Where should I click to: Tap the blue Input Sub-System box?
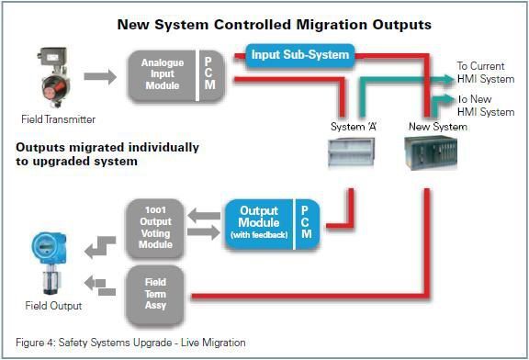pyautogui.click(x=300, y=55)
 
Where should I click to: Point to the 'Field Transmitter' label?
pyautogui.click(x=58, y=119)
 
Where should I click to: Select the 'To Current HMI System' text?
pyautogui.click(x=485, y=73)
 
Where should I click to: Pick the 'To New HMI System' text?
pyautogui.click(x=485, y=106)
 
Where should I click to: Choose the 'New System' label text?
pyautogui.click(x=437, y=127)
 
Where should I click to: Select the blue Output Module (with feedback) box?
pyautogui.click(x=259, y=223)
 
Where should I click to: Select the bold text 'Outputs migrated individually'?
pyautogui.click(x=107, y=147)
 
